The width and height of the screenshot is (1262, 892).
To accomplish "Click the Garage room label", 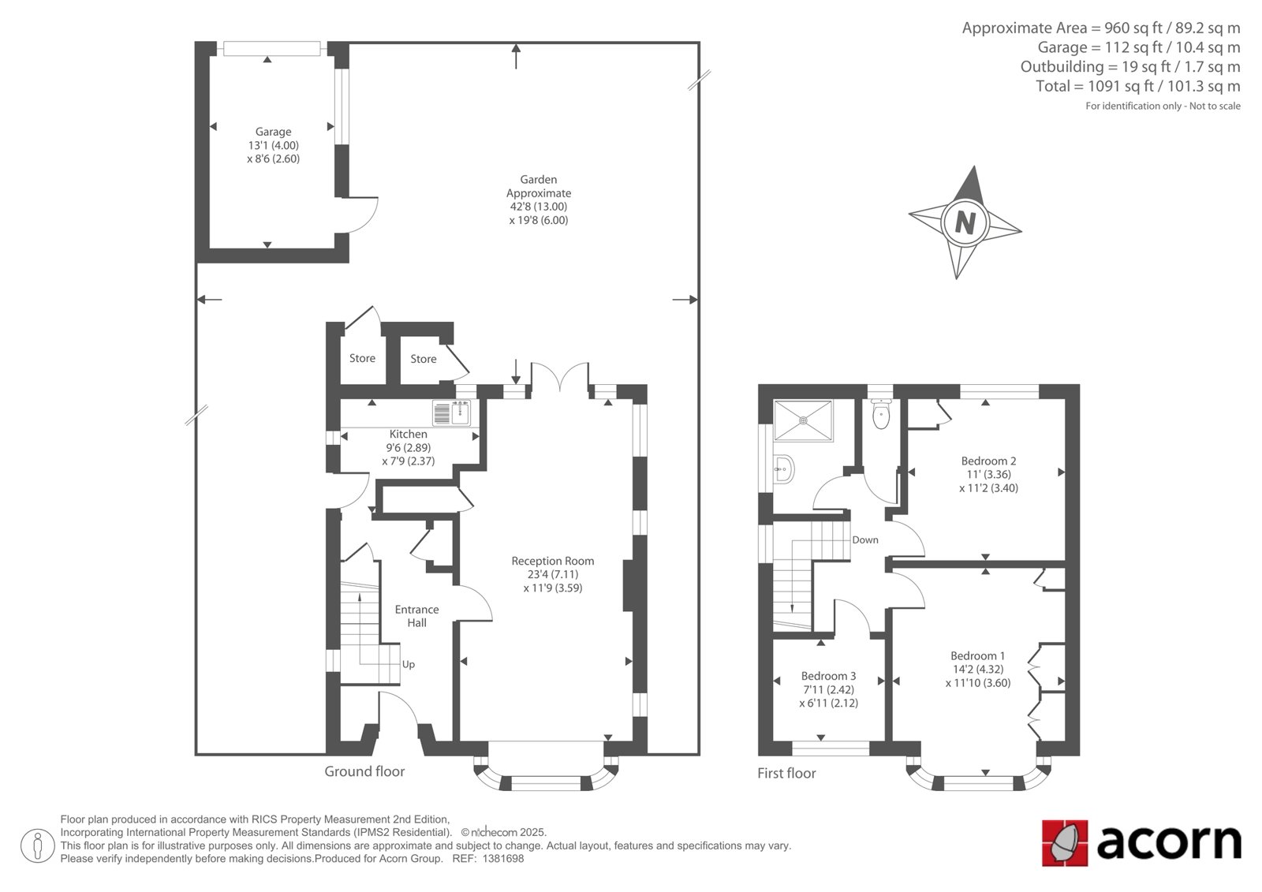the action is click(273, 132).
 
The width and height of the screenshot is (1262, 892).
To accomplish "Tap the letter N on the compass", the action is click(965, 223).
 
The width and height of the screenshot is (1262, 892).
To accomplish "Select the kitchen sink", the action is click(452, 413).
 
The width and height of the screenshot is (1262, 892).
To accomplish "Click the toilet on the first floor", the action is click(880, 413).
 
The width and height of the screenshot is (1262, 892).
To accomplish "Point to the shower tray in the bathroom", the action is click(804, 420).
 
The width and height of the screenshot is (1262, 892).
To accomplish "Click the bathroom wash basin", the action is click(784, 468).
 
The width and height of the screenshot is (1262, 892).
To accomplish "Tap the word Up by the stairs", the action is click(409, 665).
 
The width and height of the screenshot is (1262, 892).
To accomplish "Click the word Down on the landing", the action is click(864, 539).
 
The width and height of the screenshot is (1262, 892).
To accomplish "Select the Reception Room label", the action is click(553, 562).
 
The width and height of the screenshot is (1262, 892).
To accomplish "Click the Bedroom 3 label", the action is click(828, 676).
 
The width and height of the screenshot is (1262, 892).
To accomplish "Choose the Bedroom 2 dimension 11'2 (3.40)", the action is click(989, 488).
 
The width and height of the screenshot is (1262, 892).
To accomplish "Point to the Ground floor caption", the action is click(364, 771).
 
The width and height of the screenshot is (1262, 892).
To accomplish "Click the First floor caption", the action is click(786, 773).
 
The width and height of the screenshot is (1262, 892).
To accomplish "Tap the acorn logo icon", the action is click(1065, 843).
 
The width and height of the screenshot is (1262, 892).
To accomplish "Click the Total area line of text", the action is click(1138, 86).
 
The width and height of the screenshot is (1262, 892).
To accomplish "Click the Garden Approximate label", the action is click(539, 186).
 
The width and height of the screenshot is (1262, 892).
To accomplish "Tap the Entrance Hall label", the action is click(417, 616).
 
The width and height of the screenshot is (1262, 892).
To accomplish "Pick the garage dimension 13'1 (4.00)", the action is click(273, 145).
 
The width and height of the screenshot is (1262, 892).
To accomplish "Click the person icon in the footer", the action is click(38, 845).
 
